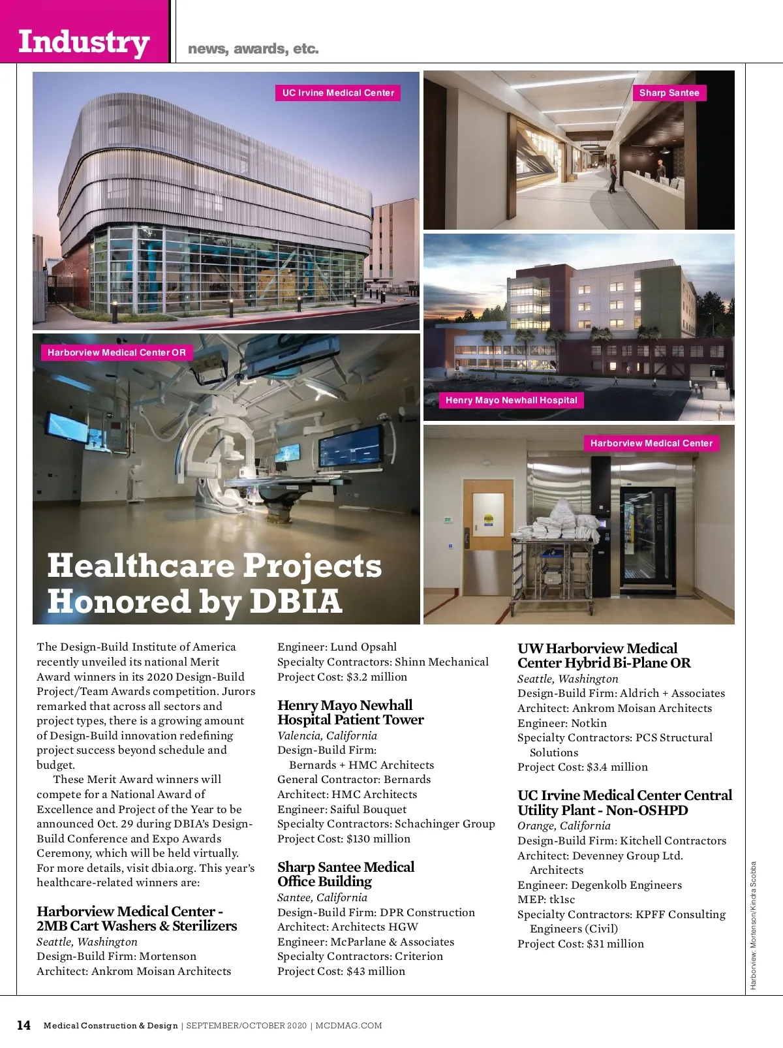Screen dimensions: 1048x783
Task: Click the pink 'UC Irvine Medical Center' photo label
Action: coord(338,93)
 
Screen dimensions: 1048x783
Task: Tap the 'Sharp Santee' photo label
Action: coord(669,93)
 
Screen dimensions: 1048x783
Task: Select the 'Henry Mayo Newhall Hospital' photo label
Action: coord(511,400)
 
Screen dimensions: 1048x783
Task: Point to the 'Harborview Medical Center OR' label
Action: coord(116,352)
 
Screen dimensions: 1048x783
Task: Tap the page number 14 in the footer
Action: coord(23,1025)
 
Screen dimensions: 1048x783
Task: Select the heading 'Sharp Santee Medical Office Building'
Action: coord(345,874)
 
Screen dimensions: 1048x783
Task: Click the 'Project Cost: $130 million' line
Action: coord(343,839)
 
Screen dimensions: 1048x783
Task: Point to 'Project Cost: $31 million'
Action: coord(580,944)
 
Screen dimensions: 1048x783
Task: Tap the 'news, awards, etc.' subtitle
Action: coord(253,49)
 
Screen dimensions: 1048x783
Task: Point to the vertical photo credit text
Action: coord(753,925)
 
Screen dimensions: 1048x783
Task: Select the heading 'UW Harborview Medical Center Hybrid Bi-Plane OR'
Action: coord(604,655)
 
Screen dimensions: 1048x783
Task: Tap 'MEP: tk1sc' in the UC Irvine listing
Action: coord(546,899)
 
